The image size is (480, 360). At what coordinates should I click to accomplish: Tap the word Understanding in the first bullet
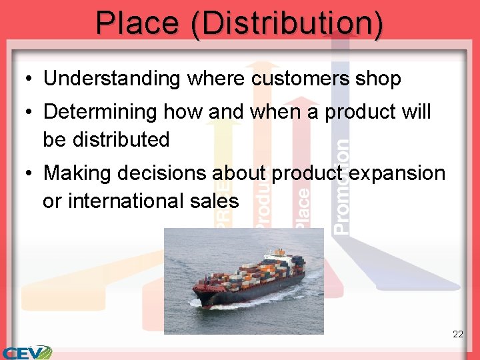[x=112, y=79]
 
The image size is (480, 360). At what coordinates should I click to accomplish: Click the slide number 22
[x=457, y=334]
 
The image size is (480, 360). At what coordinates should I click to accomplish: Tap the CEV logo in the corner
[x=27, y=352]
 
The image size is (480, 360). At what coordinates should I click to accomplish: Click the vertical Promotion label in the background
[x=341, y=187]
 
